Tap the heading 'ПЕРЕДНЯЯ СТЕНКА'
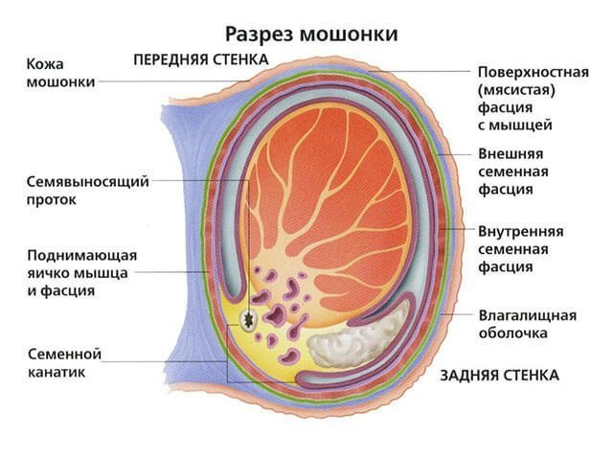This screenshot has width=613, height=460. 200,59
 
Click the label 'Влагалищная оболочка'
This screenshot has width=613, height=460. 527,324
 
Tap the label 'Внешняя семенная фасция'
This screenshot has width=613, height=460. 512,171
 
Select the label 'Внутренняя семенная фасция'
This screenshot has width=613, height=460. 520,249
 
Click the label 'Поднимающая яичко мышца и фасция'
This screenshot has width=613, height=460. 82,273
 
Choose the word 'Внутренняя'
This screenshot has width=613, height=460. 520,232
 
